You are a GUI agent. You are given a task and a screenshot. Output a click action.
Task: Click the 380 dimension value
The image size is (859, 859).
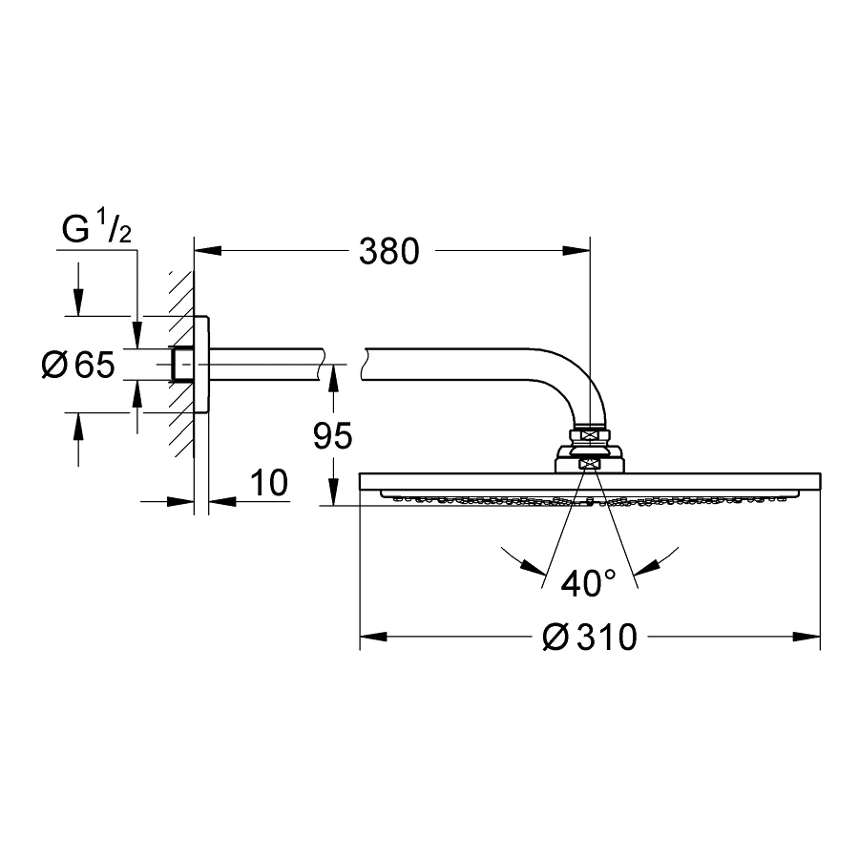click(x=389, y=251)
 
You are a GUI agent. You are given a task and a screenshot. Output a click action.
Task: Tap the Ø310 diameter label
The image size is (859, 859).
click(x=590, y=637)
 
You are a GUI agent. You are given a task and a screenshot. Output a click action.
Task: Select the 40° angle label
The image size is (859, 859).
click(x=588, y=583)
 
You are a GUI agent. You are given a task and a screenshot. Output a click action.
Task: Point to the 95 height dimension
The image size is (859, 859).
click(x=332, y=435)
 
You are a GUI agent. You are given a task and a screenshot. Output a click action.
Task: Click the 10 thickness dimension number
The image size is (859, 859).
click(x=269, y=483)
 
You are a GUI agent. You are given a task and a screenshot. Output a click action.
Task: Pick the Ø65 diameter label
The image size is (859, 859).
click(x=78, y=365)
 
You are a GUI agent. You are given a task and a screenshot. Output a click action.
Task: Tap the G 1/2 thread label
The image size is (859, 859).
click(x=96, y=228)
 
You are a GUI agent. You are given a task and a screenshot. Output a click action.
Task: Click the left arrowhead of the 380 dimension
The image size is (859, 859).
click(x=208, y=251)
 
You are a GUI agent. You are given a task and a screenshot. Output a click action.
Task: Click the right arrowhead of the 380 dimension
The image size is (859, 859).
click(x=576, y=251)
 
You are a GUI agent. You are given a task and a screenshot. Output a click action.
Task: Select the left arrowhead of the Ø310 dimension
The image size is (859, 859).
click(x=373, y=637)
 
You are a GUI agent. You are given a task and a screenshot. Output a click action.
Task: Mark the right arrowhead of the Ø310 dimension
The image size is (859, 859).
click(x=807, y=637)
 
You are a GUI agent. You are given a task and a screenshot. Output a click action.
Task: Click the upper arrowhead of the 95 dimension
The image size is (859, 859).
click(x=333, y=379)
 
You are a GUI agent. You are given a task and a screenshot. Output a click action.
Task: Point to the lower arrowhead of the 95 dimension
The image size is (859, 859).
click(x=333, y=492)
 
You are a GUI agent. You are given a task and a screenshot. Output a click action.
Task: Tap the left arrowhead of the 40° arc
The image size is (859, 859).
click(x=534, y=568)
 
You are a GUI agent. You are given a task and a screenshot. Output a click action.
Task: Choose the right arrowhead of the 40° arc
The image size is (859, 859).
click(x=647, y=568)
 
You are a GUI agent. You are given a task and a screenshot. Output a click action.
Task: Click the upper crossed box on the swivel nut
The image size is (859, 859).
click(x=590, y=434)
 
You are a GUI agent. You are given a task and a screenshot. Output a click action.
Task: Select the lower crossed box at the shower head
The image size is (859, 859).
click(x=590, y=465)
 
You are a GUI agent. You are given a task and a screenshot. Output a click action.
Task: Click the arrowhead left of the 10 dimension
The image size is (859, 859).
click(x=180, y=501)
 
